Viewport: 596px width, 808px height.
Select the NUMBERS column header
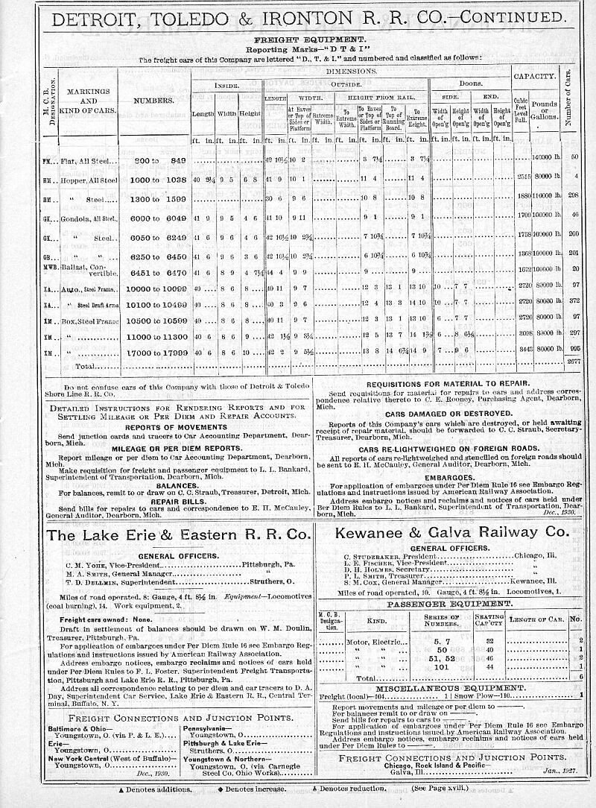[x=154, y=100]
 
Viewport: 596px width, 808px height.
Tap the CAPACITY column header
[x=534, y=76]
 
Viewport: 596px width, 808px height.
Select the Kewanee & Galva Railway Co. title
[x=451, y=533]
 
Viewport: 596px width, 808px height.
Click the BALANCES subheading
[x=177, y=485]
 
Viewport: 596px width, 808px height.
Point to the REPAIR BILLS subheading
[x=177, y=502]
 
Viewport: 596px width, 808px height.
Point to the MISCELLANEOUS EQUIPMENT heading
[x=451, y=687]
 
